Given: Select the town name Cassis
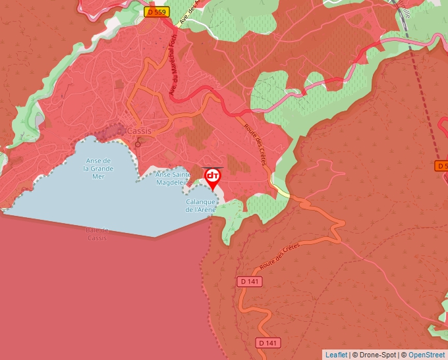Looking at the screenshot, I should tap(139, 131).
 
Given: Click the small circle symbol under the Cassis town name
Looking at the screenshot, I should tap(138, 143).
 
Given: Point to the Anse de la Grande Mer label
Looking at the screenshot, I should tap(98, 168).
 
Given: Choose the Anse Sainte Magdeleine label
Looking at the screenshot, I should tap(173, 179).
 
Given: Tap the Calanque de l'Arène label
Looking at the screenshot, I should tap(201, 206).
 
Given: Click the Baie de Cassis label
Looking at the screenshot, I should tap(97, 234).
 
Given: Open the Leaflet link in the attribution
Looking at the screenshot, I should tap(336, 355).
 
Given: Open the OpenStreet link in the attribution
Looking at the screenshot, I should tap(426, 355).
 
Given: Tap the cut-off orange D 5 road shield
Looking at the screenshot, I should tap(441, 166).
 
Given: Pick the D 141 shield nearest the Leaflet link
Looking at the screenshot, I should tap(268, 343).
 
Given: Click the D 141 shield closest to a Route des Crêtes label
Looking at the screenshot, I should tap(250, 282).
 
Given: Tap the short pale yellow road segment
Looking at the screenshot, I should tap(282, 191).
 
